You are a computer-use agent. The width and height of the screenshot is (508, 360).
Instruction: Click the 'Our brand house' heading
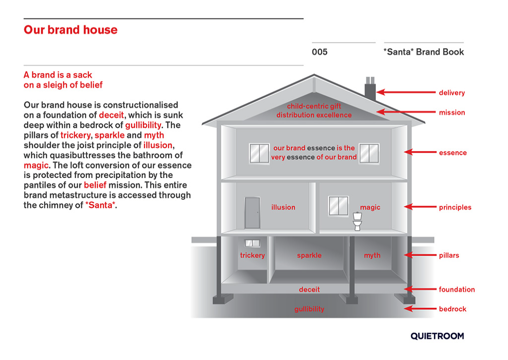[x=71, y=30]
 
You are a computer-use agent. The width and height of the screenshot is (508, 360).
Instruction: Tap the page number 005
[x=320, y=52]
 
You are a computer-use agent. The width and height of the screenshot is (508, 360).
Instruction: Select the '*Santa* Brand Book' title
[x=424, y=52]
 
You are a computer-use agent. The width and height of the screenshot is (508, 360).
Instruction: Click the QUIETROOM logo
[x=437, y=336]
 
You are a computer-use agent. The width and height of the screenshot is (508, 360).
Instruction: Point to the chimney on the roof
[x=370, y=89]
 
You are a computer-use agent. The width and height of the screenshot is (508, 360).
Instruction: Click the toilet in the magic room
[x=357, y=221]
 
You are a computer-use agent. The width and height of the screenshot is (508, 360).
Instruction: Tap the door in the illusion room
[x=253, y=213]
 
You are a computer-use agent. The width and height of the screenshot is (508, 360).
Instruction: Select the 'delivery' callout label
[x=452, y=92]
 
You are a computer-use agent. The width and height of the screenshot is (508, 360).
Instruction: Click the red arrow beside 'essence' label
[x=420, y=152]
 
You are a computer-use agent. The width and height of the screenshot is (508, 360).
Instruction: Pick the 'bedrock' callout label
[x=453, y=309]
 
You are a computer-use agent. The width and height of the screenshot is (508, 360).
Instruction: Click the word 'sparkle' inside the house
[x=309, y=256]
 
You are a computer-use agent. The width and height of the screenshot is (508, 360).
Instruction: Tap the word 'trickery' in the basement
[x=253, y=256]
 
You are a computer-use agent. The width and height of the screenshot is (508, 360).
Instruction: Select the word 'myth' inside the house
[x=372, y=256]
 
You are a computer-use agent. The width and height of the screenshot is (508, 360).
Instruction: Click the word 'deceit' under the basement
[x=309, y=289]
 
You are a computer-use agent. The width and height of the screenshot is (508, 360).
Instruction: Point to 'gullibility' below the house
[x=309, y=309]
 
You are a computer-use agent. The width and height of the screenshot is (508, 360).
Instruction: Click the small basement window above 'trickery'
[x=253, y=243]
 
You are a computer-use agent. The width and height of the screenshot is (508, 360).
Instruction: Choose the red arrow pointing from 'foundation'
[x=420, y=289]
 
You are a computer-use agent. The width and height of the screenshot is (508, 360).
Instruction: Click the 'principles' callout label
[x=455, y=207]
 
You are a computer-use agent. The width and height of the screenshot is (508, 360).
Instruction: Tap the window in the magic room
[x=339, y=206]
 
